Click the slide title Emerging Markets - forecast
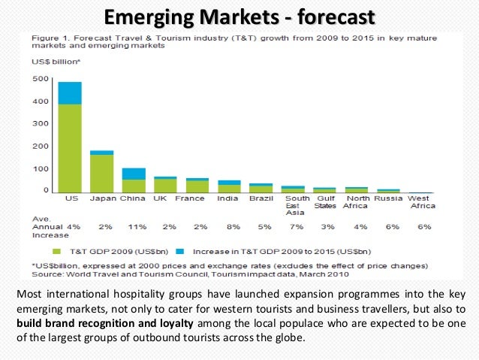[239, 15]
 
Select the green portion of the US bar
[70, 147]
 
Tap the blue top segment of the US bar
[70, 92]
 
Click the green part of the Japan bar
[101, 172]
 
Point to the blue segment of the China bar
[134, 174]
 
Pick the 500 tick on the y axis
[40, 79]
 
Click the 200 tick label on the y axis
[40, 146]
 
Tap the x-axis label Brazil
[261, 199]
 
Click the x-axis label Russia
[388, 199]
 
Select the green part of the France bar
[197, 186]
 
